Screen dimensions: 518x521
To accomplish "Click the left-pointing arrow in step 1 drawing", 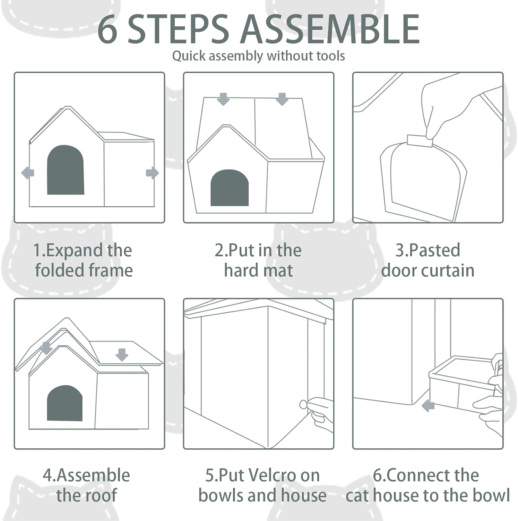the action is [28, 173].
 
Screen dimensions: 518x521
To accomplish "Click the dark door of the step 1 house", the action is [66, 170].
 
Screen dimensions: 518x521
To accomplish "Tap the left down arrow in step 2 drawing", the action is [223, 99].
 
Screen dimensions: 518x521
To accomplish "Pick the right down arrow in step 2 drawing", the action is [282, 99].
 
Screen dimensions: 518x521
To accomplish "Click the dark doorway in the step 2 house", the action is [230, 188].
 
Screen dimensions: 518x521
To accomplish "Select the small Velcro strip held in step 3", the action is [420, 141].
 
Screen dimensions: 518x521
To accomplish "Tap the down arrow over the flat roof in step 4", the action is [122, 355].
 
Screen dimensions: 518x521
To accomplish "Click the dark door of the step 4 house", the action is [65, 403].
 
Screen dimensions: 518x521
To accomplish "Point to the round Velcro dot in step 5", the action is [303, 404].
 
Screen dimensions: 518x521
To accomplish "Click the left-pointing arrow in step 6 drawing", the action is [428, 405].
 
